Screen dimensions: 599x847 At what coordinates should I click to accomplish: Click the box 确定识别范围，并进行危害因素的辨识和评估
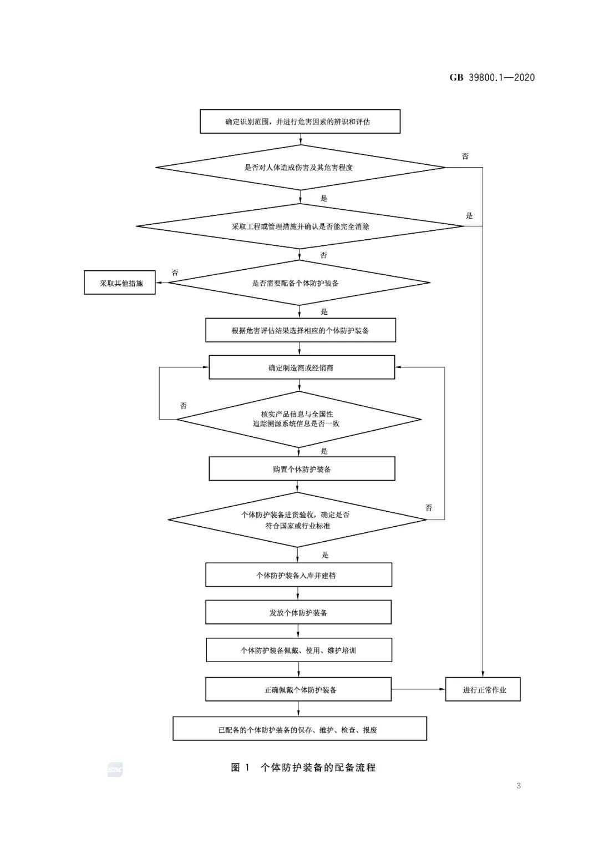tap(299, 122)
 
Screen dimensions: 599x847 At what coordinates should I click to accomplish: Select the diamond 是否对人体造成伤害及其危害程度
tap(301, 167)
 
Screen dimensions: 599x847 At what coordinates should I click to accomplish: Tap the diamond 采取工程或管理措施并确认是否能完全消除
tap(299, 226)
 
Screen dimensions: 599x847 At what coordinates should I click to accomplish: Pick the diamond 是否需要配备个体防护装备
tap(299, 283)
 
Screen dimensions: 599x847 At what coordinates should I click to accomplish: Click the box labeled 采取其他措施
tap(119, 283)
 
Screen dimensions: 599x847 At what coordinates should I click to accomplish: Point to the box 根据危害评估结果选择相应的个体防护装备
tap(301, 330)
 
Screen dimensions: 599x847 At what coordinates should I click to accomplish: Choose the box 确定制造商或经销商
tap(302, 367)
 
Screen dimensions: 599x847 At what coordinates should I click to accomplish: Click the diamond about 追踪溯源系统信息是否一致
tap(299, 420)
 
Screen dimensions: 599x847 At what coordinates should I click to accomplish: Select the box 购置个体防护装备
tap(302, 469)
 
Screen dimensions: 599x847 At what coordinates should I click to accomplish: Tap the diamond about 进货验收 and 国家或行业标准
tap(297, 520)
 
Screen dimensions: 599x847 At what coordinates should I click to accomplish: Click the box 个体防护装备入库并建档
tap(298, 575)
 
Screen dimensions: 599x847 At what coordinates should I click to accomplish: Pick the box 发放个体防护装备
tap(298, 612)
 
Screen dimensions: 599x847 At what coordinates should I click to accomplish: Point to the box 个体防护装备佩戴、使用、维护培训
tap(299, 650)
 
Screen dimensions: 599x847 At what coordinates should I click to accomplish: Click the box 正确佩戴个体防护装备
tap(298, 689)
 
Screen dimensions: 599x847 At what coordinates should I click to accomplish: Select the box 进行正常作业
tap(483, 689)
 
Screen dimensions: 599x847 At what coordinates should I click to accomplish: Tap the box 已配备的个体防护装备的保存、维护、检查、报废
tap(299, 728)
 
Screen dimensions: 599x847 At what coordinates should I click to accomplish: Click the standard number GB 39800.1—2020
tap(492, 78)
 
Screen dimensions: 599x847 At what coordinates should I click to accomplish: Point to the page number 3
tap(519, 786)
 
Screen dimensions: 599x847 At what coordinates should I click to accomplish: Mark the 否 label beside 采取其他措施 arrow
tap(175, 272)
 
